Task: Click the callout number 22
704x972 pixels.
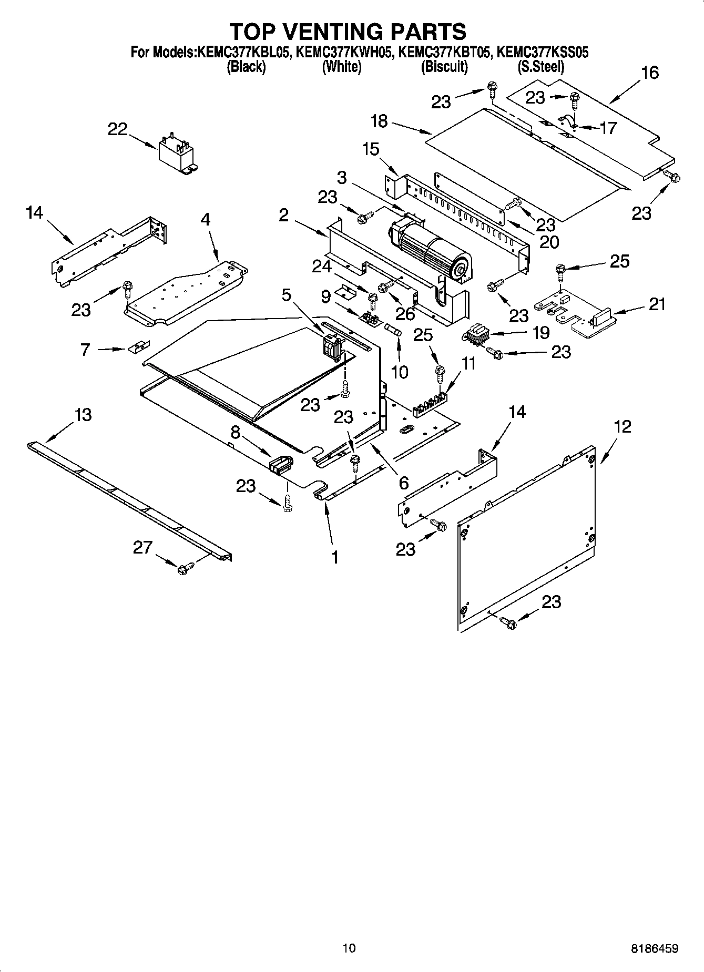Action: tap(118, 129)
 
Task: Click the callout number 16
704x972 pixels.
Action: tap(650, 73)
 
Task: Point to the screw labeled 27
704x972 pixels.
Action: tap(186, 568)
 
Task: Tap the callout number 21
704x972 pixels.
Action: tap(657, 304)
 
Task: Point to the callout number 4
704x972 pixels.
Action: tap(205, 219)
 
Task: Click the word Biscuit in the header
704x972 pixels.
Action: tap(444, 67)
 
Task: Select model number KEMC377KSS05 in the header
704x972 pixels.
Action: tap(542, 52)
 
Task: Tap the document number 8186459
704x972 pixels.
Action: tap(654, 949)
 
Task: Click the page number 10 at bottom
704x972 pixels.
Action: tap(349, 948)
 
